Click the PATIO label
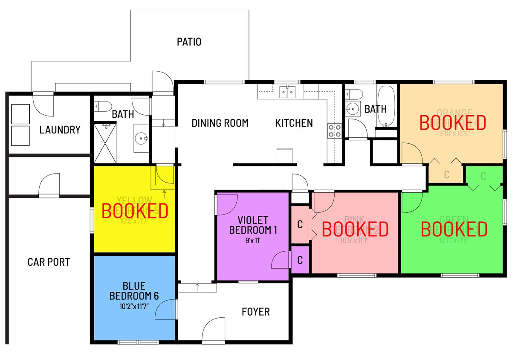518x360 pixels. [189, 42]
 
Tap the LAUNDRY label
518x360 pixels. [60, 130]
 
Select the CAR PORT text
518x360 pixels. [49, 262]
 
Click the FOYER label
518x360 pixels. [255, 312]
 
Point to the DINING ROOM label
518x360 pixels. [220, 123]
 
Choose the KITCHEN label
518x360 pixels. [294, 123]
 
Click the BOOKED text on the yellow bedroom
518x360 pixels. [134, 211]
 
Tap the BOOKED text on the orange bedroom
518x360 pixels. [453, 122]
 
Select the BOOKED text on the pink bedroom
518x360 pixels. [355, 229]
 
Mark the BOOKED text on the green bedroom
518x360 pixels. [454, 229]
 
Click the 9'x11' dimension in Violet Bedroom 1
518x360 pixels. [253, 240]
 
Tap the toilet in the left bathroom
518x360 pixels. [102, 106]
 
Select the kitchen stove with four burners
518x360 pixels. [334, 131]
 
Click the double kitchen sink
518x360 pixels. [288, 92]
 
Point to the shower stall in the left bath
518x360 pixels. [105, 143]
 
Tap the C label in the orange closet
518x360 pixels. [446, 174]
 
